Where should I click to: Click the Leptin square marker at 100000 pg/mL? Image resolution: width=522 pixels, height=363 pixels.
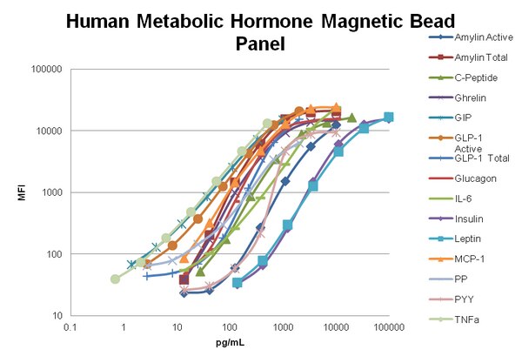(389, 117)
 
